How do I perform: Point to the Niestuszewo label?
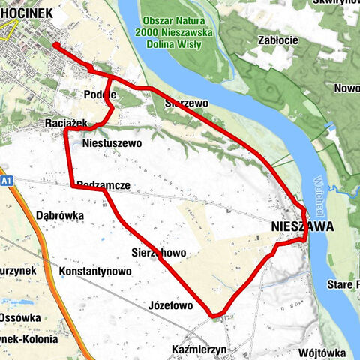click(112, 142)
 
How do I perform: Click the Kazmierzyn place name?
click(199, 350)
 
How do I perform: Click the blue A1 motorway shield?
click(6, 181)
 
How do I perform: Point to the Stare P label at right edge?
click(342, 285)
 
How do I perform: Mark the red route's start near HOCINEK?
click(55, 45)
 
